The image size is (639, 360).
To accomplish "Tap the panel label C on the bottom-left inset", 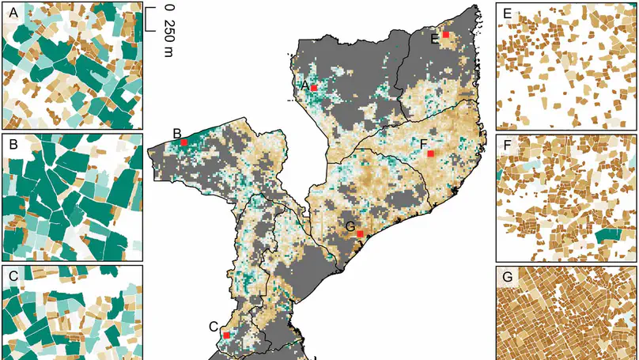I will point(12,276).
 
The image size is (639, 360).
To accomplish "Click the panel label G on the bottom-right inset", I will point(506,277).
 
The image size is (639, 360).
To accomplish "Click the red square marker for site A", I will point(314,87).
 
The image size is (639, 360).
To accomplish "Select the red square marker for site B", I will point(184,142).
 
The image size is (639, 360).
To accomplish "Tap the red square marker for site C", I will point(226,335).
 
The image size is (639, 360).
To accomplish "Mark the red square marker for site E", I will point(446,35).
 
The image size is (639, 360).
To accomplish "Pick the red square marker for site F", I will point(430,153).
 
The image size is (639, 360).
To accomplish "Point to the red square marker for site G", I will point(360,234).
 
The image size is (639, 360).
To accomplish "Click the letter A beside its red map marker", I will point(304,85).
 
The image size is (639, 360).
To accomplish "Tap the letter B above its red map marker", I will point(177,132).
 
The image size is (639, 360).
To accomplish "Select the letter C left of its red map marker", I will point(214,326).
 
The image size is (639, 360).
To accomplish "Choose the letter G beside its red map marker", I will point(350,227).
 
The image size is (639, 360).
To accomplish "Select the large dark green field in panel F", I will point(610,236).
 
